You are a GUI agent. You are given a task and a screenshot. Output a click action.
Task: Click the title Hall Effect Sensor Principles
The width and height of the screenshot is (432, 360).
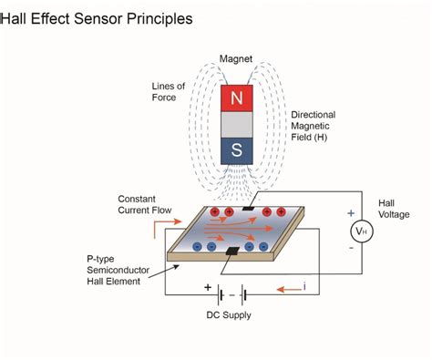pos(97,17)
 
